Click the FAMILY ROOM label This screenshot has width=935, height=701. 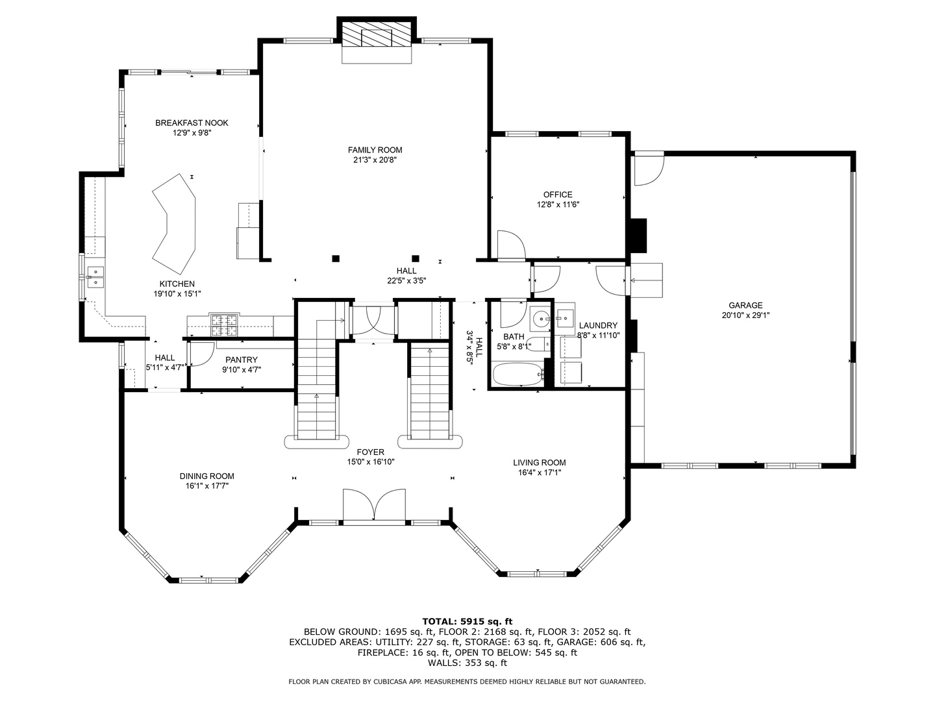[375, 150]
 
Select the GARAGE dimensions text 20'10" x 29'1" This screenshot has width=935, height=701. [745, 315]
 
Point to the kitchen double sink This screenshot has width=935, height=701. [95, 277]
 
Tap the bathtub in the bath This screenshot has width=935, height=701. [517, 375]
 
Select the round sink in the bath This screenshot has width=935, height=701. [540, 319]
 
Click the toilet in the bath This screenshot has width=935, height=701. [536, 344]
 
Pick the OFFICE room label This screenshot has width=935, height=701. [558, 194]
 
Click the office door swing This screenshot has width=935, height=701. [510, 245]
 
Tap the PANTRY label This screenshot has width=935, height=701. [242, 360]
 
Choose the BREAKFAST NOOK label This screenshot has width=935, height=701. [192, 123]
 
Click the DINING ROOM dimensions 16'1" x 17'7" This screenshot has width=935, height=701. [206, 486]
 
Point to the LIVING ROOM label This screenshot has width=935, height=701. [539, 463]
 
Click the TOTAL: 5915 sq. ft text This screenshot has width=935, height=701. [467, 621]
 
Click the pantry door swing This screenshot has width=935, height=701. [200, 353]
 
